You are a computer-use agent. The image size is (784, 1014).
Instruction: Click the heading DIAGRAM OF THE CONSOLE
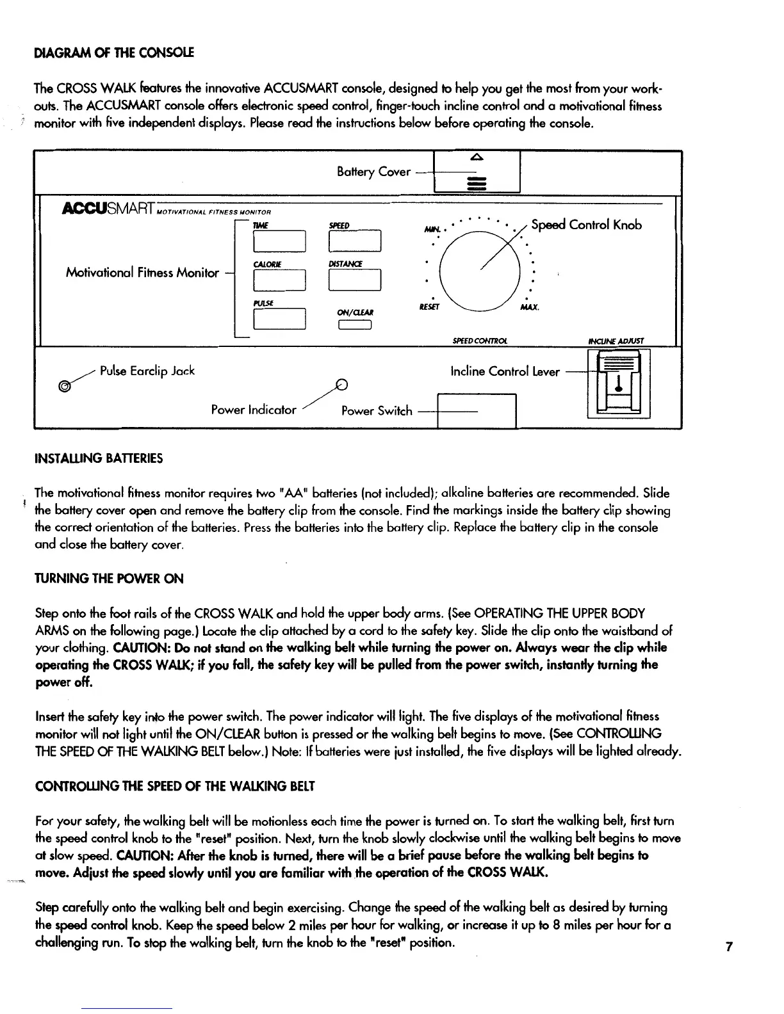pyautogui.click(x=113, y=52)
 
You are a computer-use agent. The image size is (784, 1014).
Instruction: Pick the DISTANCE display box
pyautogui.click(x=354, y=280)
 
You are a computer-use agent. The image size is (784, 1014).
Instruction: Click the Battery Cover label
pyautogui.click(x=373, y=172)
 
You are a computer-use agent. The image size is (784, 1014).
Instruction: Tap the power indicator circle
pyautogui.click(x=343, y=385)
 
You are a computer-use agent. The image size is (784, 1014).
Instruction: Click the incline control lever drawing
pyautogui.click(x=618, y=383)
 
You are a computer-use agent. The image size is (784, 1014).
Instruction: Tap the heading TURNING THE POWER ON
pyautogui.click(x=109, y=579)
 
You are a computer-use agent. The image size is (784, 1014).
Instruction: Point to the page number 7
pyautogui.click(x=729, y=947)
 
